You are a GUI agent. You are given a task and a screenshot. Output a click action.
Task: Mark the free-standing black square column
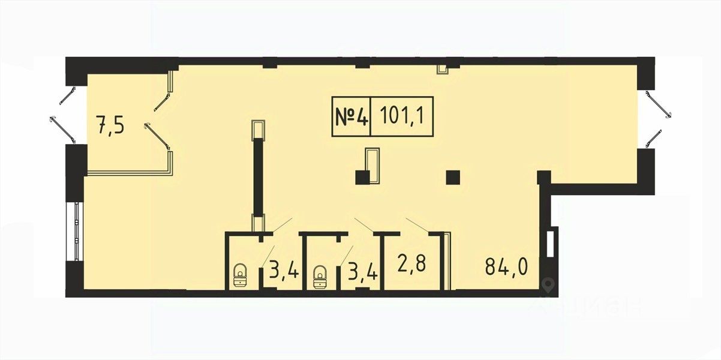tap(453, 177)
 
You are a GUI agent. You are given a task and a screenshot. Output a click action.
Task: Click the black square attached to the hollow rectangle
tap(362, 177)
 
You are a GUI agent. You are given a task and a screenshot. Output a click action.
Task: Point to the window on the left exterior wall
tap(76, 231)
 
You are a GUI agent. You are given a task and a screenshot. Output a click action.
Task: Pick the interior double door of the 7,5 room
tap(161, 117)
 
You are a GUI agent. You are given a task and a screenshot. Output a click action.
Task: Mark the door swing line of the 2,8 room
tap(416, 226)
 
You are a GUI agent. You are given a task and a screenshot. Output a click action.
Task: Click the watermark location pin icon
tap(547, 285)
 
